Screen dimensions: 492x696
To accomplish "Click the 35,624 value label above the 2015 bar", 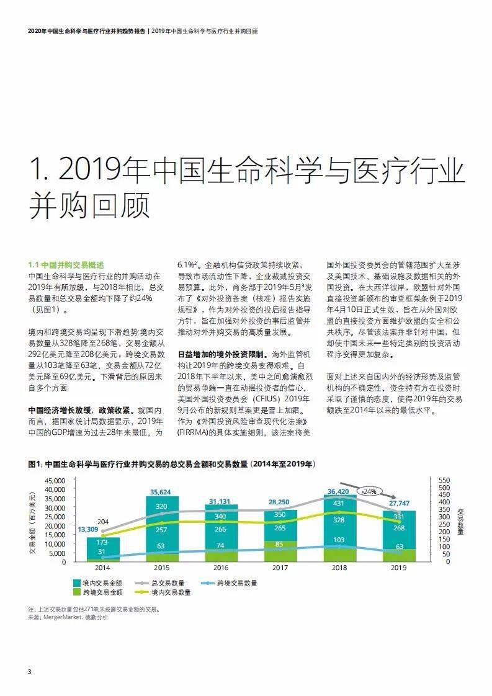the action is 160,493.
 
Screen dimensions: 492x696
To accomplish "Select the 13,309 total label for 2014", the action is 88,529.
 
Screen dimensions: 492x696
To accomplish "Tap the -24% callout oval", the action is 369,491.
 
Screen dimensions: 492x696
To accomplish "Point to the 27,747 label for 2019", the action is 399,503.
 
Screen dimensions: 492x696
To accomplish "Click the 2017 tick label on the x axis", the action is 280,568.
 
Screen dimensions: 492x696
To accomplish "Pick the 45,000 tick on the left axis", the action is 55,480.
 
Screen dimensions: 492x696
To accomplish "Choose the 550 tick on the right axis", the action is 444,480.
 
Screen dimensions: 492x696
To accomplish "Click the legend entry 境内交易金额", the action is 97,583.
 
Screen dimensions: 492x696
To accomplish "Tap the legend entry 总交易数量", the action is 160,583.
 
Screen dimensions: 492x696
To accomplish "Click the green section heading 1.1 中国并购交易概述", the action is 66,265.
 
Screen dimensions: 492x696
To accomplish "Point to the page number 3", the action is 30,672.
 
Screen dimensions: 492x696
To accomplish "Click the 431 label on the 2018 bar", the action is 339,503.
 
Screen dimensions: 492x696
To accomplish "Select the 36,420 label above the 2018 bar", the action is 338,492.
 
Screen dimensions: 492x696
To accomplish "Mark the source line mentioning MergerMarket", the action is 68,617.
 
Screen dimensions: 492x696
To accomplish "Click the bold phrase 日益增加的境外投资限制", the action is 221,355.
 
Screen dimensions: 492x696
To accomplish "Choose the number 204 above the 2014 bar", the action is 102,522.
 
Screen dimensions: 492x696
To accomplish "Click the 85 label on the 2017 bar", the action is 279,544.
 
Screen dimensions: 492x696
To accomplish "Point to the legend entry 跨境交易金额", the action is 97,592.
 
